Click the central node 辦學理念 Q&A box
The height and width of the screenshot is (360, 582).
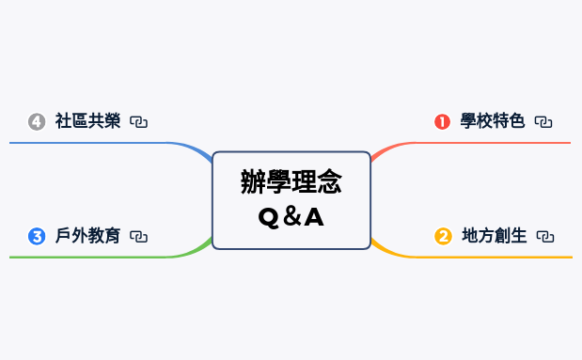point(291,199)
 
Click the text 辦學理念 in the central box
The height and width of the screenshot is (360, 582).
point(291,181)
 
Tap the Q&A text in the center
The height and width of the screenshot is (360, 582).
point(291,217)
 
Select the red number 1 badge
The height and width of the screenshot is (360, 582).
point(442,121)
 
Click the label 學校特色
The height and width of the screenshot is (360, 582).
point(493,121)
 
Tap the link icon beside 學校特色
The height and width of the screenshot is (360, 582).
point(543,121)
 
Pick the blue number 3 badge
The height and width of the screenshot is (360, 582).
point(38,236)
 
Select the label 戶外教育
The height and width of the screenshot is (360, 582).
point(87,236)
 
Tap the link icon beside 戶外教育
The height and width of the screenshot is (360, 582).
point(139,236)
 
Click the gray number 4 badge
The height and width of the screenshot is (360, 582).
point(38,121)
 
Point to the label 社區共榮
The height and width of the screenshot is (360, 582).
point(87,121)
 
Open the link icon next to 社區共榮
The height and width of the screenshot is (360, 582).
point(139,121)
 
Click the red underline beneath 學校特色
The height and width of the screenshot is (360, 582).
point(489,143)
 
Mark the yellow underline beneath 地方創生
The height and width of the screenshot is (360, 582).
point(489,257)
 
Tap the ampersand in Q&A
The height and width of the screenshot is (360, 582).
point(291,217)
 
